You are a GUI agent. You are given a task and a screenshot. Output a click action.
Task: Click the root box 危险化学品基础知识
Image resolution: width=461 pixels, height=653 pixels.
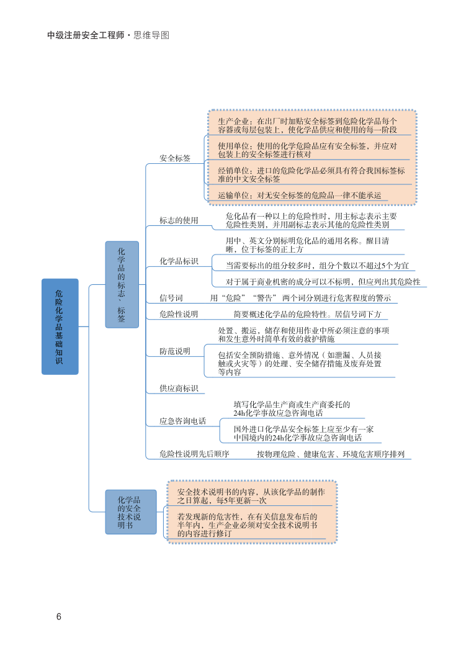(x=60, y=326)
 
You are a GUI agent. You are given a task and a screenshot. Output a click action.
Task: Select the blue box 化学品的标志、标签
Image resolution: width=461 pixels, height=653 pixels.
(x=122, y=284)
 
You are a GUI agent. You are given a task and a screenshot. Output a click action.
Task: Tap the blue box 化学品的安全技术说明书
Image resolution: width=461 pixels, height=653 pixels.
(x=130, y=511)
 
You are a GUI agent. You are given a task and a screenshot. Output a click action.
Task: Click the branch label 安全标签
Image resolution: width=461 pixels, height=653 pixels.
(x=175, y=159)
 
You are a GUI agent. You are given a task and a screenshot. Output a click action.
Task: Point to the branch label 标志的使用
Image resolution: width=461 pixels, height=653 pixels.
(x=179, y=220)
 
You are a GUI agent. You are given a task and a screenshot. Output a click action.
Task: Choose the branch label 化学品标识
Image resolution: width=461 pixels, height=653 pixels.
(x=179, y=261)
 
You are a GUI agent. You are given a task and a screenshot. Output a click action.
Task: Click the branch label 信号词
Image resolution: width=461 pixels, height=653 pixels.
(x=171, y=298)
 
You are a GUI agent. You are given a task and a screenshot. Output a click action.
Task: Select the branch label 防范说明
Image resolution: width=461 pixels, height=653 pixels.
(x=175, y=351)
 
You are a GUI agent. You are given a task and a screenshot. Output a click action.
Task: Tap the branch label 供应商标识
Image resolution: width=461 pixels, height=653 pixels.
(x=179, y=389)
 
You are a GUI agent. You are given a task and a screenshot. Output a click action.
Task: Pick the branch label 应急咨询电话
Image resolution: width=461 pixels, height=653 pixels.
(x=182, y=421)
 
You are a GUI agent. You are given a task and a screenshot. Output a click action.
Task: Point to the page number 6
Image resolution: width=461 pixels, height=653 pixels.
(x=59, y=617)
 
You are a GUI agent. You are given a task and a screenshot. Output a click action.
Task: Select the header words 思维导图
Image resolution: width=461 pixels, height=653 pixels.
(x=151, y=35)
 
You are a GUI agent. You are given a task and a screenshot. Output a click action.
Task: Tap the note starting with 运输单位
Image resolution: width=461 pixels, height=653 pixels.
(x=299, y=195)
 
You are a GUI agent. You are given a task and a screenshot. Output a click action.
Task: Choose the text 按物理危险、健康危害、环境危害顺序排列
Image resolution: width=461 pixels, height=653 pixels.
(x=330, y=454)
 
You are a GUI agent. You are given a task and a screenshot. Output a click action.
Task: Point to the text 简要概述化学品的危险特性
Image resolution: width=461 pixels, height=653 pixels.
(x=307, y=315)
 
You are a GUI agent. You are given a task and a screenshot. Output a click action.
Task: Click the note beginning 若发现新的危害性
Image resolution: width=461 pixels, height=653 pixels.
(x=247, y=525)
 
